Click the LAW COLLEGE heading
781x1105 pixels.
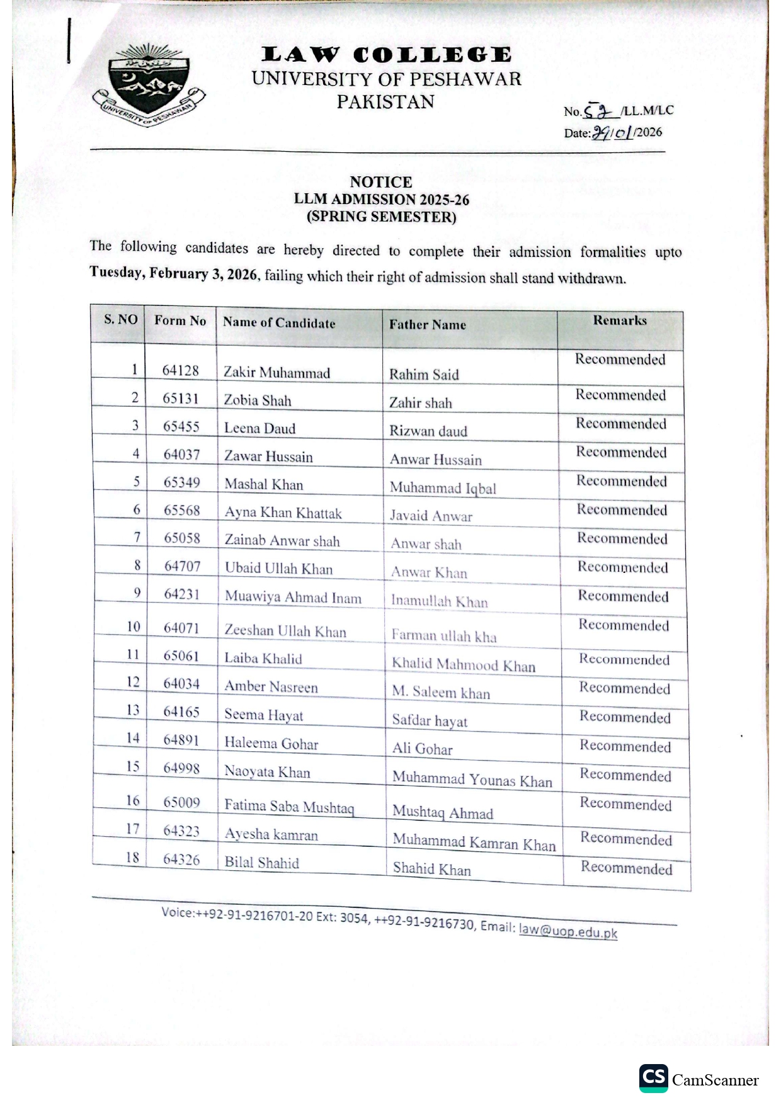coord(386,55)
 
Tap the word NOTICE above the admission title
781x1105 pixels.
coord(381,182)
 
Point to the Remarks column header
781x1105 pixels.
coord(620,320)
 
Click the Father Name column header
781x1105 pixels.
coord(427,325)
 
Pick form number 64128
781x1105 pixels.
coord(180,370)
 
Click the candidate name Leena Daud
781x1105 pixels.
coord(259,429)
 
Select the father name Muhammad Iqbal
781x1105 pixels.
coord(443,488)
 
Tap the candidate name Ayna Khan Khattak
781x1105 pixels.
coord(283,513)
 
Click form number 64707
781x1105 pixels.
coord(182,566)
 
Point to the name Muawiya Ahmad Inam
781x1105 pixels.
coord(293,598)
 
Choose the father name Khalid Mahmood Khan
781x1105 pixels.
coord(464,665)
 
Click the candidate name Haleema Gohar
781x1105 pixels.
coord(271,744)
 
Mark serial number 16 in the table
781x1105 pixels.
coord(132,800)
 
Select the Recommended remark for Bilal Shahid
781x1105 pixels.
coord(626,868)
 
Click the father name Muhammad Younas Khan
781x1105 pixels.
coord(472,780)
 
